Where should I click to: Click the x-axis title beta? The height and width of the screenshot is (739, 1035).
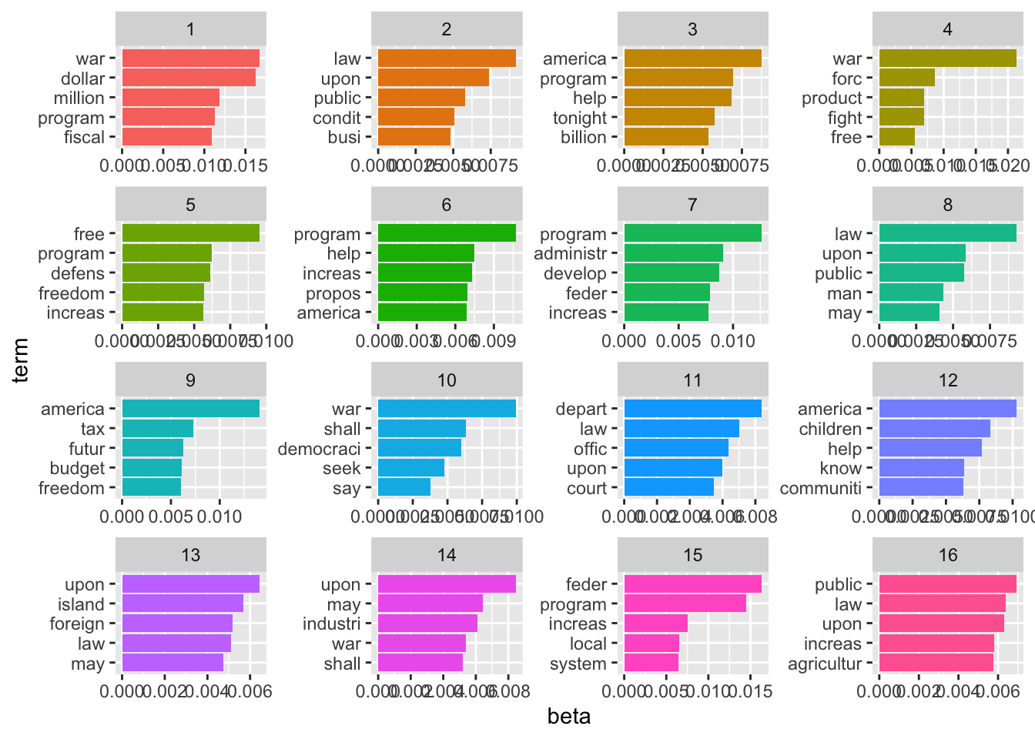(569, 717)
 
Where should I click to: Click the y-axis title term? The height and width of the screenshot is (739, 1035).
(21, 359)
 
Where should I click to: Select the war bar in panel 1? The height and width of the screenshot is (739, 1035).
(190, 59)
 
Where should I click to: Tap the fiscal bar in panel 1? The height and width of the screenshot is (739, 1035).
(166, 137)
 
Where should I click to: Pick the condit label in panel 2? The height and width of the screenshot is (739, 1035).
(337, 118)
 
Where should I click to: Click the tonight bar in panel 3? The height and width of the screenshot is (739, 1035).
(668, 118)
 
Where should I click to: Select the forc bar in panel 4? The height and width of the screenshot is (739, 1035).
(906, 78)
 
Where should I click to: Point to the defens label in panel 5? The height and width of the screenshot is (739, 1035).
(77, 274)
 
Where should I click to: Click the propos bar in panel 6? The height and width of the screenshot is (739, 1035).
(422, 293)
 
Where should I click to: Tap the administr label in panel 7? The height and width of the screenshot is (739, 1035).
(570, 254)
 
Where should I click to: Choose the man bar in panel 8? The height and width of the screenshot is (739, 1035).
(910, 293)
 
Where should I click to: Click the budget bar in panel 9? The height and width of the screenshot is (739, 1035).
(152, 468)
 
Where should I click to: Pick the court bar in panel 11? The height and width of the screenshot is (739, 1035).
(668, 488)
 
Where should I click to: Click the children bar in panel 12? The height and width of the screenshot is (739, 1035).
(934, 429)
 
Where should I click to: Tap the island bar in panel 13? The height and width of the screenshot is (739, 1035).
(183, 604)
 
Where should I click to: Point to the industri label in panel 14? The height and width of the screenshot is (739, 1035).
(331, 624)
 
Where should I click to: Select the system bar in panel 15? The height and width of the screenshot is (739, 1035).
(651, 664)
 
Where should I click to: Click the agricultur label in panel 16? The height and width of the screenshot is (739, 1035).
(824, 664)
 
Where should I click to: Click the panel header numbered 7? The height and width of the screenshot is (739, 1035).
(692, 205)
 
